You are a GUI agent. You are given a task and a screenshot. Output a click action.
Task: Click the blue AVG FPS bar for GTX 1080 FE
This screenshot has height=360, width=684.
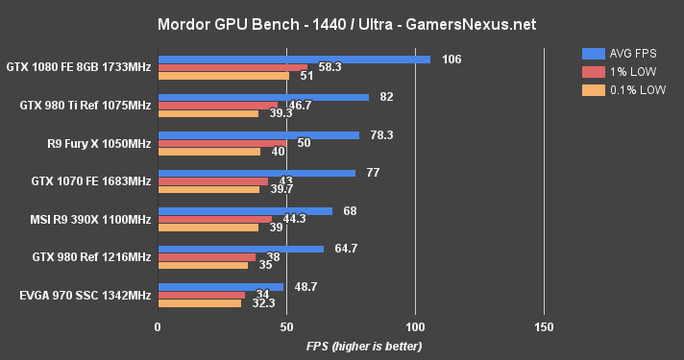[x=294, y=60]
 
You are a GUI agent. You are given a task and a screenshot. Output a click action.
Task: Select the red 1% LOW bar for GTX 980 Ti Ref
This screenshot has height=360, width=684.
[x=218, y=105]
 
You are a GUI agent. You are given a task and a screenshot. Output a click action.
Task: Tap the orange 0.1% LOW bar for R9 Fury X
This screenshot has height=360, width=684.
[x=209, y=151]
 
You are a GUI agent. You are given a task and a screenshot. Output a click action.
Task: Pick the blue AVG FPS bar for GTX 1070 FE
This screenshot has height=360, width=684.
[x=256, y=173]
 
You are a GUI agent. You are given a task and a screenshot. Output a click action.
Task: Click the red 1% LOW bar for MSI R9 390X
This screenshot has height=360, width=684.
[x=214, y=219]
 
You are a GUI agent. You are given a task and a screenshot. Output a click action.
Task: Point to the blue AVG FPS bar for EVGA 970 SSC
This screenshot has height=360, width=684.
[x=221, y=287]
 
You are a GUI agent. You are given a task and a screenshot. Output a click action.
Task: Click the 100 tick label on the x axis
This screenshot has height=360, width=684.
[x=415, y=326]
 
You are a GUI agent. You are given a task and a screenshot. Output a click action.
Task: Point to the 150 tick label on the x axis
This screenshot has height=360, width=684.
[x=544, y=326]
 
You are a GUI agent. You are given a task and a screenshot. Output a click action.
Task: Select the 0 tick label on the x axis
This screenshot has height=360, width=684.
[x=158, y=326]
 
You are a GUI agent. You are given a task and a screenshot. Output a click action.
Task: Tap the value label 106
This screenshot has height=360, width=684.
[x=452, y=60]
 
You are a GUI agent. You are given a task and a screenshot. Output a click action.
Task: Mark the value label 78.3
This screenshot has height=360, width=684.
[x=381, y=135]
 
